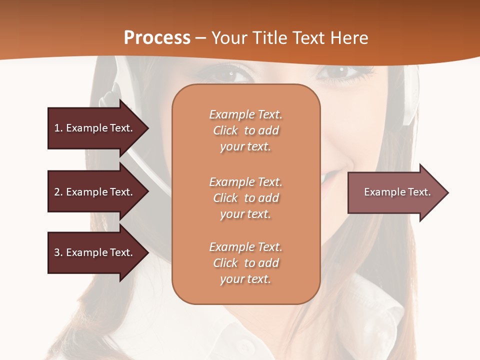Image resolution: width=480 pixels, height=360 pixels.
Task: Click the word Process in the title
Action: coord(157,38)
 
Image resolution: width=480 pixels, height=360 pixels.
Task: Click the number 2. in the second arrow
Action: coord(58,192)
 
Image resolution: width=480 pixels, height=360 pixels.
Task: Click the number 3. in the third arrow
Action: coord(58,252)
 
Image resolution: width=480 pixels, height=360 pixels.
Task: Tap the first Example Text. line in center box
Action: coord(245,114)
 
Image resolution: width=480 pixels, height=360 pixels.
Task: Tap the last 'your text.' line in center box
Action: coord(245,279)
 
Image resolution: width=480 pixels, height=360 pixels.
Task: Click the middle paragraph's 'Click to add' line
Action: coord(245,198)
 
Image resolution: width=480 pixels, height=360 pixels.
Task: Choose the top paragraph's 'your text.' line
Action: coord(245,146)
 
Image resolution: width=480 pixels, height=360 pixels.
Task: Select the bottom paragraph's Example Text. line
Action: coord(245,247)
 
